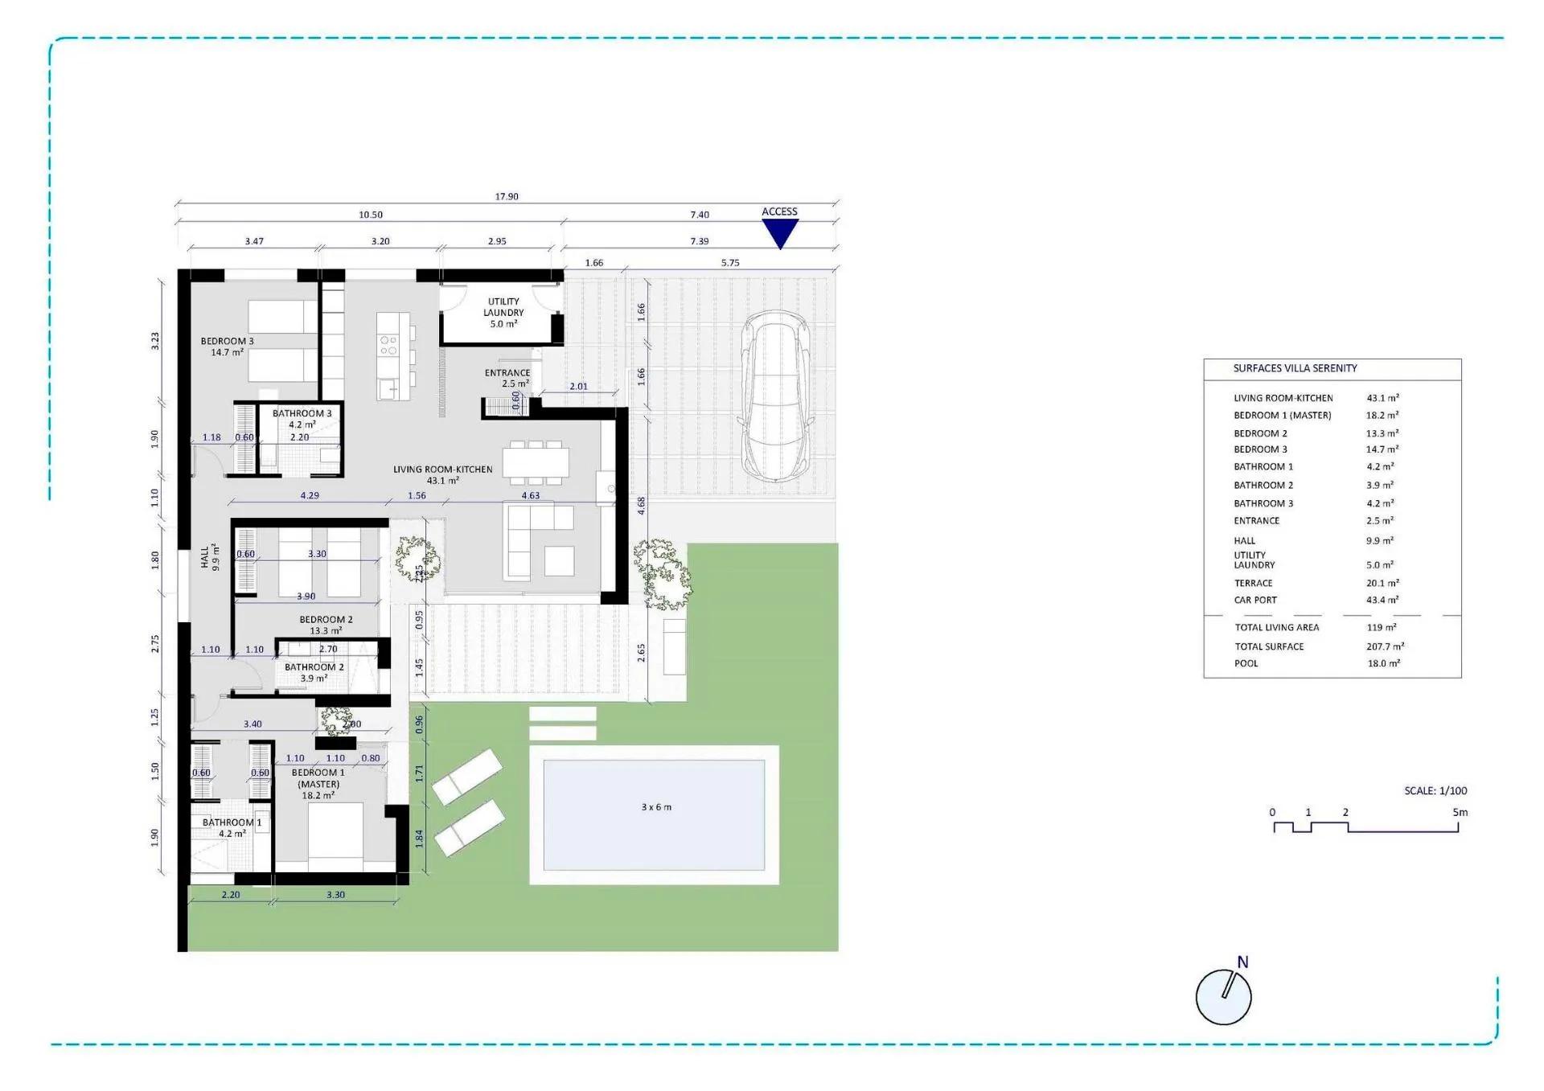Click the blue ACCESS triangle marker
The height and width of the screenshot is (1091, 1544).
tap(779, 232)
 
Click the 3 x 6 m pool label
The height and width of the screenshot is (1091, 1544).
tap(656, 806)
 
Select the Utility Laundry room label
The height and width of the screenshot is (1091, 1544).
tap(503, 312)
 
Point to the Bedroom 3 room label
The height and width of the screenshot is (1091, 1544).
tap(227, 347)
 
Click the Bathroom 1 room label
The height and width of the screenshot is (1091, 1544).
tap(232, 827)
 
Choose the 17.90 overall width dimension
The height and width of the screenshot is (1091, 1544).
tap(507, 196)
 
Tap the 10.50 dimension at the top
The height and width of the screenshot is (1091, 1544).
tap(371, 215)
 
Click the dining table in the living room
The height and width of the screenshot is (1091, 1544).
tap(536, 462)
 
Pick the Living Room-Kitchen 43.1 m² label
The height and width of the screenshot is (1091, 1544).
tap(442, 474)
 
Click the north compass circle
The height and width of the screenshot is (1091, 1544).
tap(1223, 997)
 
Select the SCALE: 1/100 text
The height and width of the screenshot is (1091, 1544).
tap(1435, 790)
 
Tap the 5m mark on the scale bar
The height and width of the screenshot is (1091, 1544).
tap(1460, 812)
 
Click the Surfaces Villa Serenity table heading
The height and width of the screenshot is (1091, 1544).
tap(1295, 368)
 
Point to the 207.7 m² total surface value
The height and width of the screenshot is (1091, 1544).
tap(1385, 646)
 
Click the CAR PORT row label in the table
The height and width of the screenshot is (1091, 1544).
tap(1255, 600)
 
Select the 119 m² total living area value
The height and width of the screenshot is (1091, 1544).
tap(1381, 627)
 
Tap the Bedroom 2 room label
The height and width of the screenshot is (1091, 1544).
tap(326, 625)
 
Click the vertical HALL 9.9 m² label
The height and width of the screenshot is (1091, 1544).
tap(210, 556)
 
